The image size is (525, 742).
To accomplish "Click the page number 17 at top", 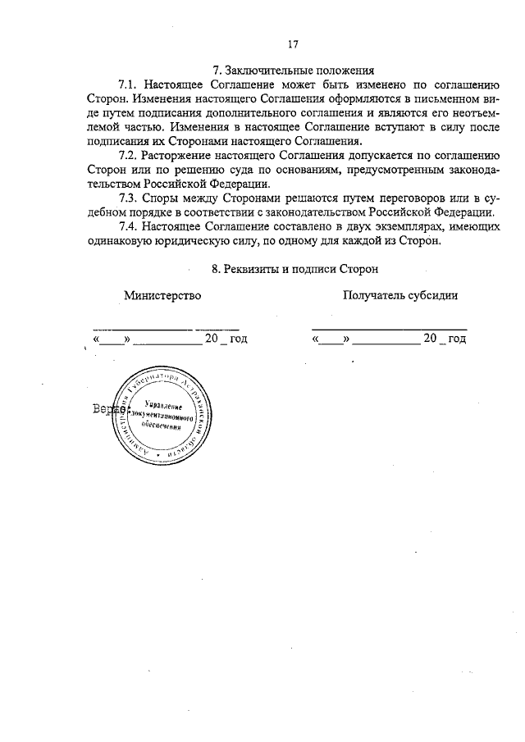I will [293, 44].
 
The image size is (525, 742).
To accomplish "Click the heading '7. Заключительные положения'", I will [293, 71].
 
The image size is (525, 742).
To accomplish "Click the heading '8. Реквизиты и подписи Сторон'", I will [293, 268].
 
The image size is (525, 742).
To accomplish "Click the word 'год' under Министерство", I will [238, 338].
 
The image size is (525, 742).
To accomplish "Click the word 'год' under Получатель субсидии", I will [457, 338].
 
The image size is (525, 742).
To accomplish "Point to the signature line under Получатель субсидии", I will [389, 328].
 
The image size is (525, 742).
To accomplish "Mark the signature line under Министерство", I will [163, 328].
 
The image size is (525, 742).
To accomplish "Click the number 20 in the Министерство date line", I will [212, 338].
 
